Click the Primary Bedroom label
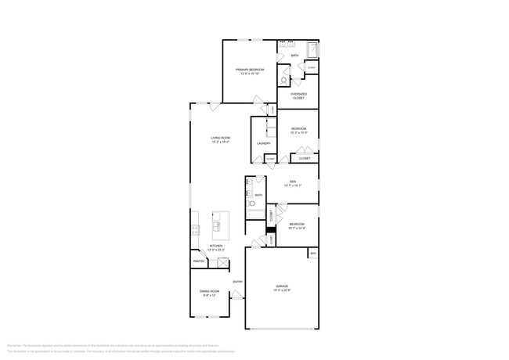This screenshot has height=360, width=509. point(251,70)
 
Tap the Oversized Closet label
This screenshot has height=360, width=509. point(298,96)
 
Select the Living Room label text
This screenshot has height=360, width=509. point(220,138)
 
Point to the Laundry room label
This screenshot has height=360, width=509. point(264,143)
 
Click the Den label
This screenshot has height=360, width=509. point(292,183)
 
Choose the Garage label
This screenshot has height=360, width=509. point(282,286)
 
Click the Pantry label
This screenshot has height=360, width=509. point(199,261)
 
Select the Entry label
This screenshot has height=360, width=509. point(237,282)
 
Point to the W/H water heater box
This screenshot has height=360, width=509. point(312,254)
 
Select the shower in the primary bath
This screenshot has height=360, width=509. point(312,50)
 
